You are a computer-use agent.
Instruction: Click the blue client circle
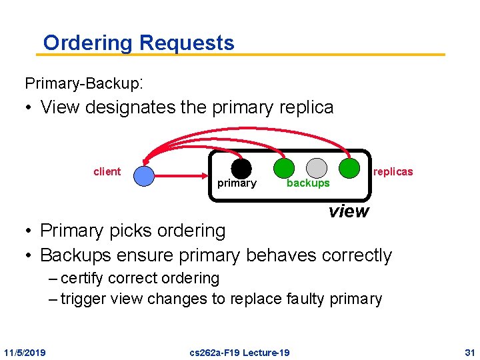tap(143, 176)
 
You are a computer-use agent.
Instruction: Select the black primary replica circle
tap(241, 169)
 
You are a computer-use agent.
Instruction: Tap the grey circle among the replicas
tap(317, 169)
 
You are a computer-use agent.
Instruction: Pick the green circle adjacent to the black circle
tap(283, 169)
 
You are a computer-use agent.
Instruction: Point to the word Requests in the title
tap(187, 43)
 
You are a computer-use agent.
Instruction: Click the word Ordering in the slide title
tap(88, 43)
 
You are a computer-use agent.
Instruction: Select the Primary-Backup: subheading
tap(84, 83)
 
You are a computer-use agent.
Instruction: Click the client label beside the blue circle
tap(107, 172)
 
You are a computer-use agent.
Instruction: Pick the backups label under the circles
tap(307, 183)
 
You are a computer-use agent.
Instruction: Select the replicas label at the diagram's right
tap(393, 172)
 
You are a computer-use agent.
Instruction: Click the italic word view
tap(348, 211)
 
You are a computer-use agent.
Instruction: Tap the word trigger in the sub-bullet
tap(84, 299)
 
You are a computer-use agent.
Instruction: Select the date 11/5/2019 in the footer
tap(25, 352)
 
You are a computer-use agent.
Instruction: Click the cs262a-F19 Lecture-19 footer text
tap(239, 352)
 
